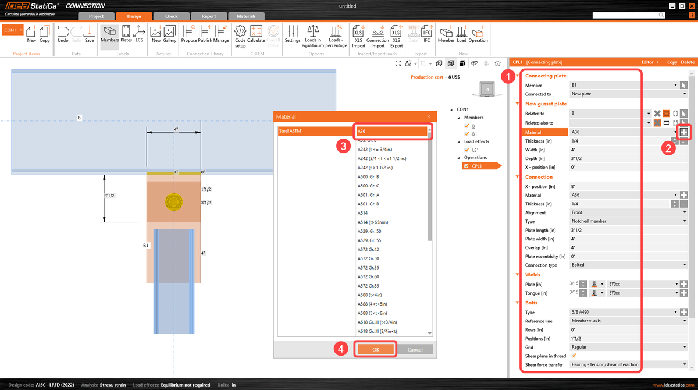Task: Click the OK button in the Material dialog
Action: [376, 349]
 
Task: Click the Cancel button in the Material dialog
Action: [415, 349]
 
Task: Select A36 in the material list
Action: [393, 131]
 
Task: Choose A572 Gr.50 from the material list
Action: [368, 258]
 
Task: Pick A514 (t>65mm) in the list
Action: [372, 222]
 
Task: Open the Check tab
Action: [171, 16]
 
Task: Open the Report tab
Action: [209, 16]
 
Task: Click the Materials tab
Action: [246, 16]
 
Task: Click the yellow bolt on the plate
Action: [174, 201]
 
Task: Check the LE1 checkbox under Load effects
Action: [466, 150]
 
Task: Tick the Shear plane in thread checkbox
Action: [575, 356]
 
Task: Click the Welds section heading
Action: [533, 275]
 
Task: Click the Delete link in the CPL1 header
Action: [688, 62]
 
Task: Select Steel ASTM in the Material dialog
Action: [314, 131]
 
